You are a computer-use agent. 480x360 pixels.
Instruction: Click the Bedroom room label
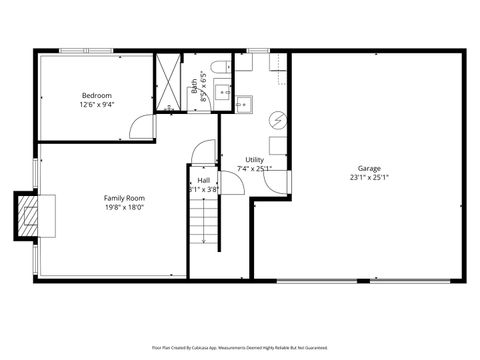[x=97, y=95]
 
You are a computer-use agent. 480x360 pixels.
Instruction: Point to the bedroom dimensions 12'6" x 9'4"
[x=97, y=104]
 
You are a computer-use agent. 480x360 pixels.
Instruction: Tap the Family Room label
[x=124, y=198]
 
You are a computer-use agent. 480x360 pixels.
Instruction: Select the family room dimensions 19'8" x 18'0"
[x=124, y=208]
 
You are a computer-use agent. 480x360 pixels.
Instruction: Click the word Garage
[x=369, y=168]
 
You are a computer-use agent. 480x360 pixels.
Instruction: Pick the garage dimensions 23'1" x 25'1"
[x=369, y=178]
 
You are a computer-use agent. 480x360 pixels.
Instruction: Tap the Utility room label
[x=255, y=159]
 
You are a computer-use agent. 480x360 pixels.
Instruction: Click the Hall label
[x=204, y=180]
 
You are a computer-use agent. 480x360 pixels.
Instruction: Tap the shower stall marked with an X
[x=171, y=80]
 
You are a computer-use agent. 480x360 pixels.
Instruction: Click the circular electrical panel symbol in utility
[x=281, y=119]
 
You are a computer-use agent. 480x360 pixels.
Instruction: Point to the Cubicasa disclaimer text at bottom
[x=239, y=347]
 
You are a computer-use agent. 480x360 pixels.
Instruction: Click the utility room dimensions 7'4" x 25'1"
[x=255, y=168]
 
